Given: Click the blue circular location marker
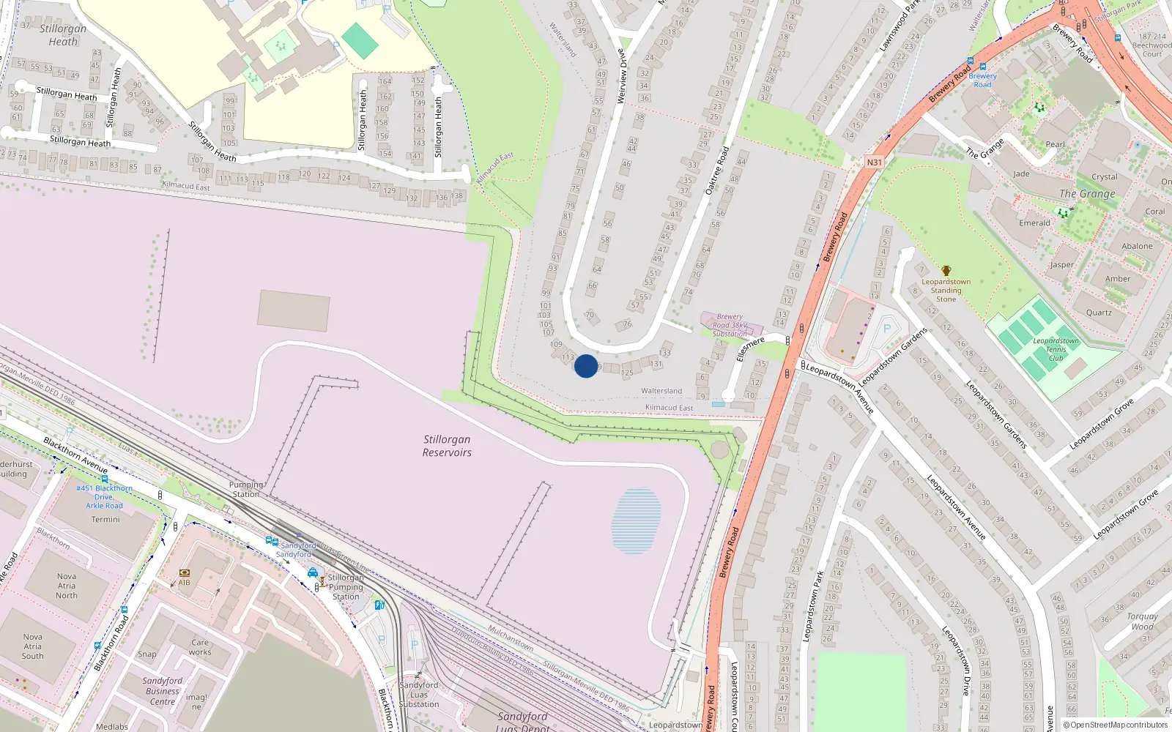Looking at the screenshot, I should pos(586,366).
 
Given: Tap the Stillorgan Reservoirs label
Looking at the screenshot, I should pos(447,446).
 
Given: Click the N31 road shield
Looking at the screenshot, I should pos(874,163).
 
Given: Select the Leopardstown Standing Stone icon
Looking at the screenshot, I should pos(946,271).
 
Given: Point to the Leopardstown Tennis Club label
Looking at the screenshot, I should pos(1056,349).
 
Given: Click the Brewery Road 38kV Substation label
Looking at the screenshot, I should pos(730,325).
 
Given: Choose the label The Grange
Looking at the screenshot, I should pos(1087,194).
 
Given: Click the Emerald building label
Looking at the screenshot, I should pos(1034,223).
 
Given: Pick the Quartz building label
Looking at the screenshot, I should pos(1099,313).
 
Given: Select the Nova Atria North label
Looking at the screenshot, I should pos(67,586).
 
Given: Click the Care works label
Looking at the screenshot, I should pos(200,647).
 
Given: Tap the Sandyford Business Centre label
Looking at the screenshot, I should pos(163,691).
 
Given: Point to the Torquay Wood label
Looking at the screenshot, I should pos(1142,621).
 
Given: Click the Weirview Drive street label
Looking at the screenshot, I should pos(623,76).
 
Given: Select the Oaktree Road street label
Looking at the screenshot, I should pos(717,171).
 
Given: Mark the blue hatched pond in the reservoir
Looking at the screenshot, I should pos(636,520).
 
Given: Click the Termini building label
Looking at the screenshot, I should pos(105,520).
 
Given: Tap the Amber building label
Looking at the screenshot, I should pos(1118,279).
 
